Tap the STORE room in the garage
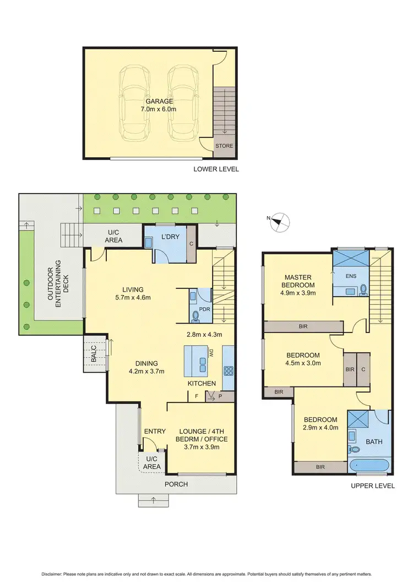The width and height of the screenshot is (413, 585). click(x=224, y=146)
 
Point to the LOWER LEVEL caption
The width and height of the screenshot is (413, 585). click(x=216, y=169)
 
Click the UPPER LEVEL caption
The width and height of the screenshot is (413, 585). click(x=373, y=486)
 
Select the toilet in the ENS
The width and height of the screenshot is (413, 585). click(x=364, y=288)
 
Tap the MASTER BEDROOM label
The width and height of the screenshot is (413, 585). click(x=298, y=281)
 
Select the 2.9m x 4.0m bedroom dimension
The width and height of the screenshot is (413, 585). click(x=319, y=427)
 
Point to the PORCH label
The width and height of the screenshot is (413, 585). click(x=177, y=484)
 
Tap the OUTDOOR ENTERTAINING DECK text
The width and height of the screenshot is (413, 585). click(x=56, y=283)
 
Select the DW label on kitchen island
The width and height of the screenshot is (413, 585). click(x=210, y=353)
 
